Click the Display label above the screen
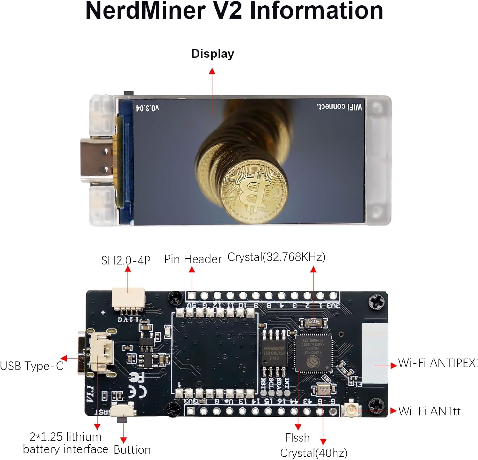pos(213,54)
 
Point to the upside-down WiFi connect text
pos(339,107)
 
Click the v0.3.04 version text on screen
pos(147,108)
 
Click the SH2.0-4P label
pos(126,261)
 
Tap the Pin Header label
pos(193,259)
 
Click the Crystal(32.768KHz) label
pos(276,257)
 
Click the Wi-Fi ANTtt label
pos(429,411)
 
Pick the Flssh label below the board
pos(297,438)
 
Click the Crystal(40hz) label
pos(314,453)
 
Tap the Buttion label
pos(132,450)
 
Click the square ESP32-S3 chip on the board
pos(313,353)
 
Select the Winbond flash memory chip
pos(274,353)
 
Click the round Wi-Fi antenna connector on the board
pos(352,409)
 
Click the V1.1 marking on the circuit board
pos(90,394)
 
